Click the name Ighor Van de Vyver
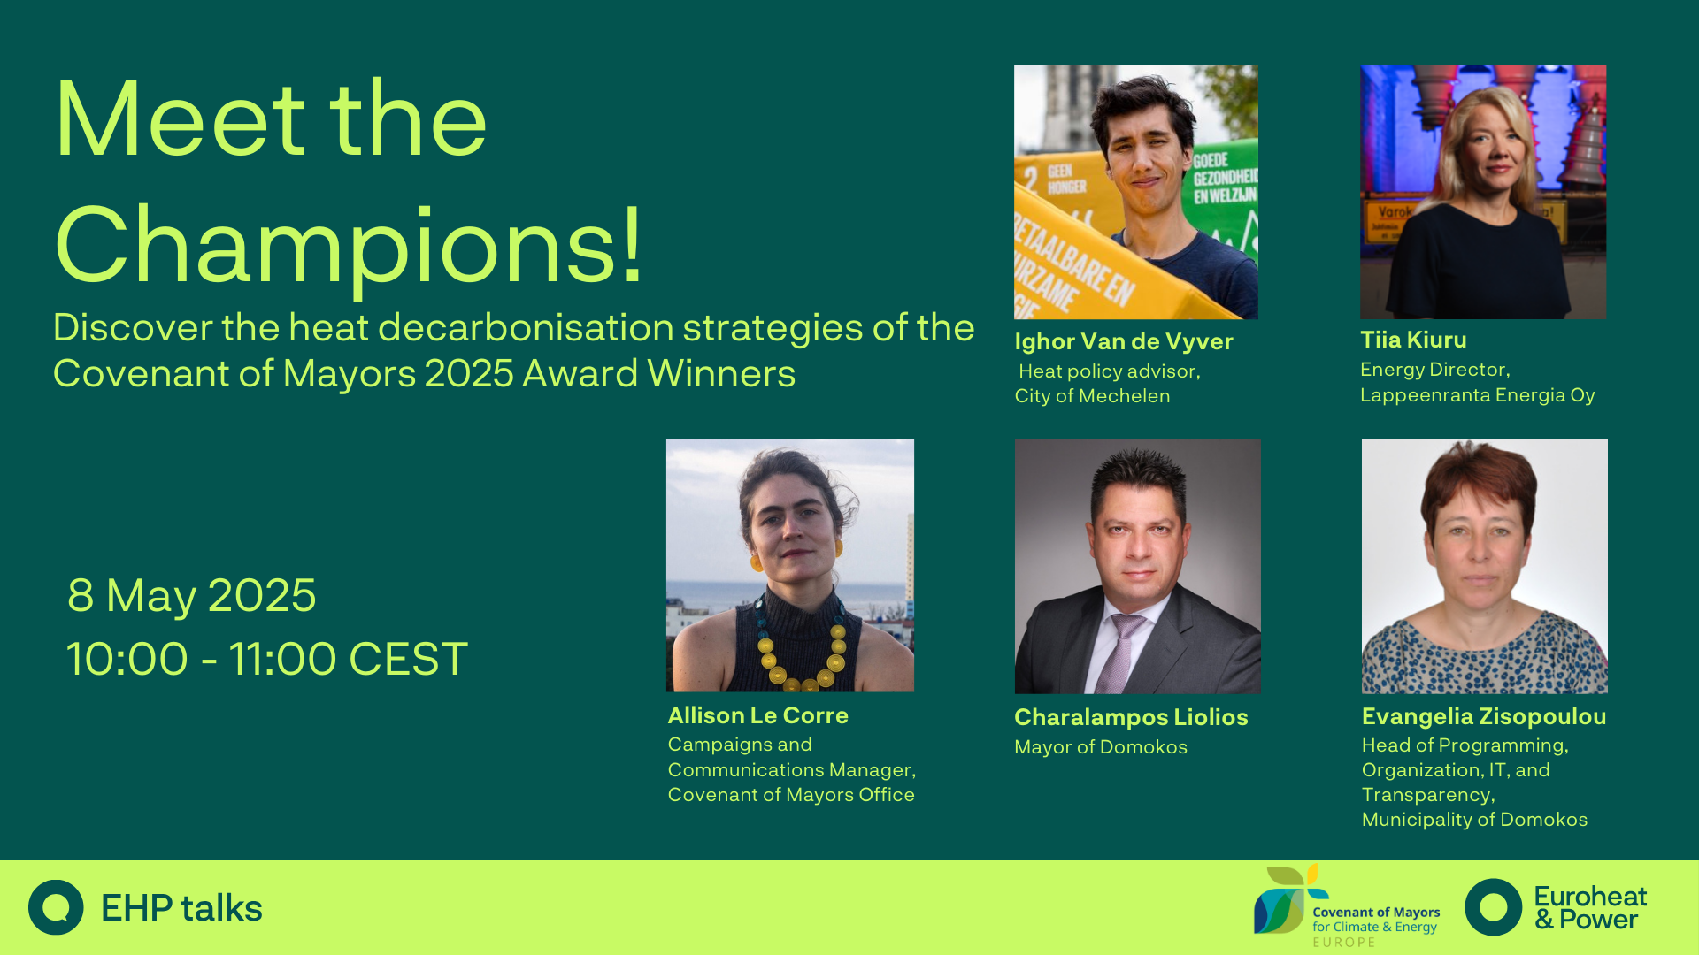pos(1123,341)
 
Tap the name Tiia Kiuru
pos(1413,340)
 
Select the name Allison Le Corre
pos(757,715)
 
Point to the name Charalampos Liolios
pos(1131,717)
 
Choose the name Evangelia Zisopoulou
pos(1484,716)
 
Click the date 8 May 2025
pos(192,595)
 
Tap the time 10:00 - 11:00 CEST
pos(267,659)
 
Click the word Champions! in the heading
pos(349,245)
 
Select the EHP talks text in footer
pos(181,908)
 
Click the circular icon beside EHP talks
pos(56,907)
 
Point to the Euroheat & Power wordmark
pos(1590,908)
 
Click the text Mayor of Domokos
pos(1101,747)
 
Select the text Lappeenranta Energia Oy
pos(1478,395)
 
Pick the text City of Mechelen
pos(1092,396)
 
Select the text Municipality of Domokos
pos(1474,820)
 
